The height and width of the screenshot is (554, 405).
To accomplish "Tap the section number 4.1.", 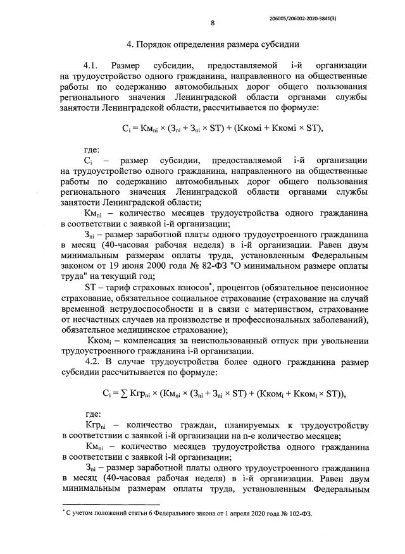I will click(92, 65).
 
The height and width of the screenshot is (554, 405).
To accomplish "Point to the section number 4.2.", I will click(92, 360).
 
